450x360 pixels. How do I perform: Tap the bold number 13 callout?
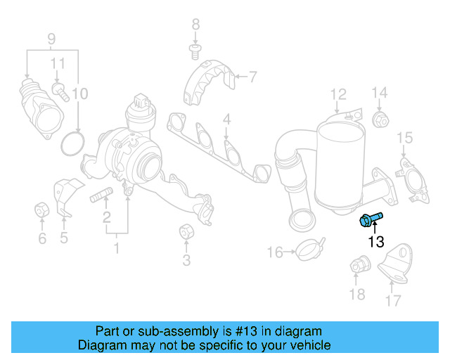pyautogui.click(x=376, y=243)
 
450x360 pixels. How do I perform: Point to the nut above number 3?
pyautogui.click(x=186, y=231)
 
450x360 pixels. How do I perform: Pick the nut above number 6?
pyautogui.click(x=41, y=210)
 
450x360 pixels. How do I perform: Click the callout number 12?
pyautogui.click(x=338, y=94)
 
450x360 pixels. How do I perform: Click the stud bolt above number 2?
pyautogui.click(x=103, y=195)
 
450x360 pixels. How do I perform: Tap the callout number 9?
pyautogui.click(x=51, y=38)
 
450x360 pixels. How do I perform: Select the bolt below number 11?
pyautogui.click(x=60, y=91)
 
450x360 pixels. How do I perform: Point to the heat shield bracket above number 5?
pyautogui.click(x=65, y=197)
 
